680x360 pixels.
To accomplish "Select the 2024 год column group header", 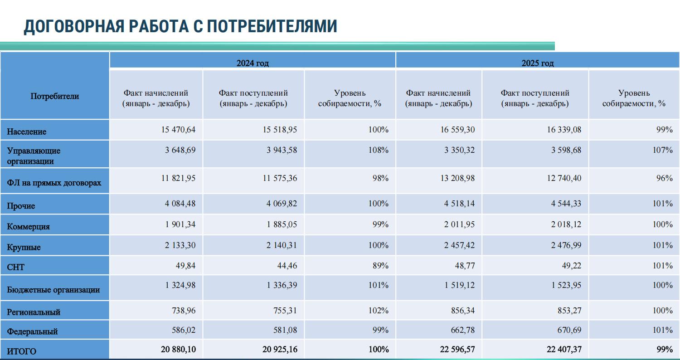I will [253, 63].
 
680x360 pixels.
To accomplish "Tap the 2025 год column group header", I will [537, 63].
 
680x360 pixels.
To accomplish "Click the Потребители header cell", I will [55, 96].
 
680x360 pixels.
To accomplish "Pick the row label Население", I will [27, 131].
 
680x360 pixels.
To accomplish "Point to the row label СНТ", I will [16, 267].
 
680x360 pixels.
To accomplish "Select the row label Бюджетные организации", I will [53, 290].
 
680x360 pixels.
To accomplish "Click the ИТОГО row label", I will [22, 351].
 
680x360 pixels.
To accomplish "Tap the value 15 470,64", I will [178, 130].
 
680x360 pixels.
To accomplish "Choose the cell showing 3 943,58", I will [282, 150].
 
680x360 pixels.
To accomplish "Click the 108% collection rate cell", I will [378, 150].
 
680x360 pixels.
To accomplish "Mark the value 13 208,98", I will [457, 178].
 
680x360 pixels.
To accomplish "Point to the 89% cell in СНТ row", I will [380, 266].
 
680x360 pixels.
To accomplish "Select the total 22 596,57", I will [454, 350].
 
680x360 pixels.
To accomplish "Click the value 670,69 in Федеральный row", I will [567, 330].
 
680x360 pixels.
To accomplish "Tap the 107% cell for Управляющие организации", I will [662, 150].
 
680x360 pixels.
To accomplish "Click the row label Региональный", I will [34, 312].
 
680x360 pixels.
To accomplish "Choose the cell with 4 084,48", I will [180, 204].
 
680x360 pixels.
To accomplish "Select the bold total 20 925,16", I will [280, 350].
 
